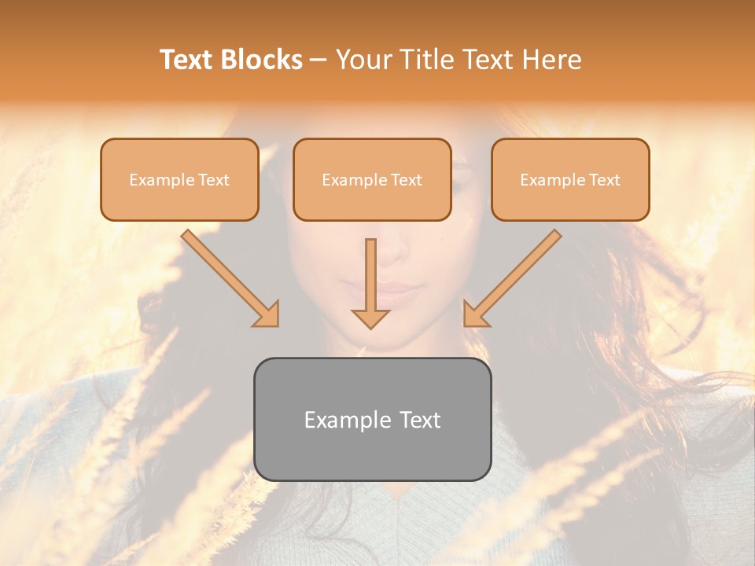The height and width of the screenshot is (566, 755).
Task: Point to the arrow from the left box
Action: pos(228,277)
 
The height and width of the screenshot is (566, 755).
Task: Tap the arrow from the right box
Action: pos(514,277)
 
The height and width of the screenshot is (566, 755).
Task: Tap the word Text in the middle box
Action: pos(406,180)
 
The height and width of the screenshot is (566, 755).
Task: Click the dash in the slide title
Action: pos(319,60)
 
